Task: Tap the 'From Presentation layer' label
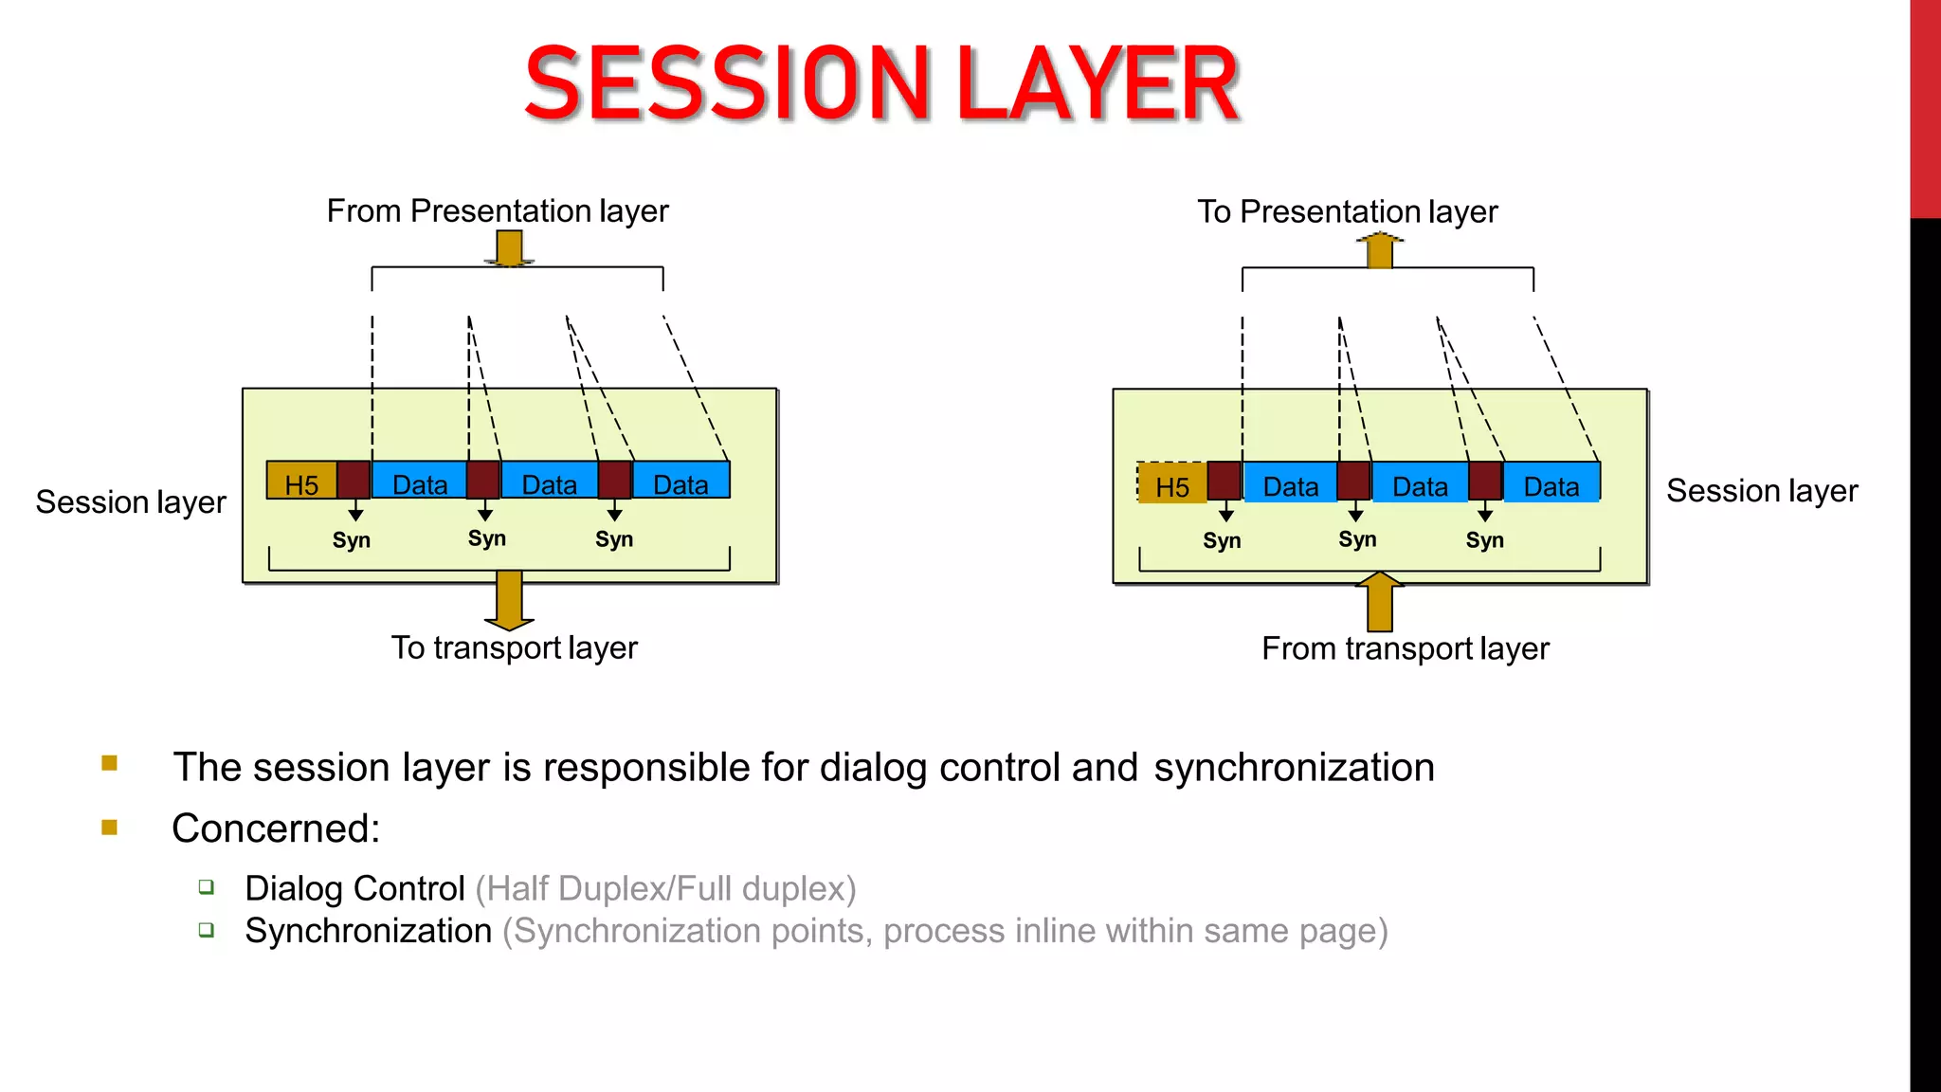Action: tap(498, 210)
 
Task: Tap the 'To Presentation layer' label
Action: tap(1347, 211)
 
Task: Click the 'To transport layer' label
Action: tap(514, 647)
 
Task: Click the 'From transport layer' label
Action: tap(1405, 648)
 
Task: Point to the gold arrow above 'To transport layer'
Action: tap(509, 600)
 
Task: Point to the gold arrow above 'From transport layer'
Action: tap(1380, 602)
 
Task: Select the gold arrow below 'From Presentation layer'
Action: tap(509, 248)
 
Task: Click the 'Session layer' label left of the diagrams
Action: tap(131, 501)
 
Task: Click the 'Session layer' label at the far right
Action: tap(1761, 491)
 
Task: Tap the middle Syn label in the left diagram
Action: tap(486, 538)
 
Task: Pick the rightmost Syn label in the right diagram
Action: tap(1484, 540)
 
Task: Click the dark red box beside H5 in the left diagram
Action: tap(354, 480)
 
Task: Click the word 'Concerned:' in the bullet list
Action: tap(276, 828)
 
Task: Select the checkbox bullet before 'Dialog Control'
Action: tap(207, 887)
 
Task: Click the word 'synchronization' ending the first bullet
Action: tap(1294, 767)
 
